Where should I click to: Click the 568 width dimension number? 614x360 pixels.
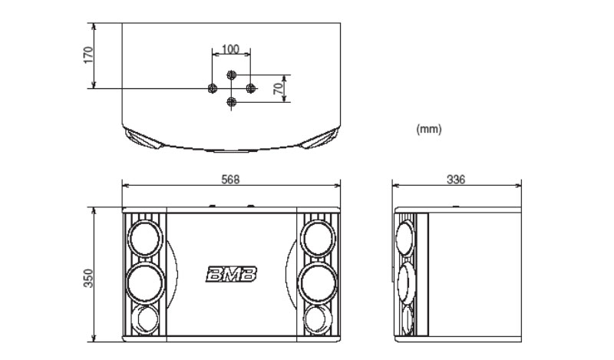[x=230, y=179]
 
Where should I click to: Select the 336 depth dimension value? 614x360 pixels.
[x=456, y=179]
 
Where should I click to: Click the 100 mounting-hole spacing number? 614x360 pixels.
[x=230, y=49]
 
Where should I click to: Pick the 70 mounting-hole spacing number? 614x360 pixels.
[x=278, y=88]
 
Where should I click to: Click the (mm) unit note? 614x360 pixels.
[x=428, y=130]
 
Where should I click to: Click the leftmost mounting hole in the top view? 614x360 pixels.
[x=213, y=88]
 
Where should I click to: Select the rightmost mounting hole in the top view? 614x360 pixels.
[x=249, y=88]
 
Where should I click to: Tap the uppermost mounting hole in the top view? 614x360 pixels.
[x=231, y=74]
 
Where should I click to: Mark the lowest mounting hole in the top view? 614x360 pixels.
[x=231, y=101]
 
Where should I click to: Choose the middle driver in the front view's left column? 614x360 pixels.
[x=144, y=282]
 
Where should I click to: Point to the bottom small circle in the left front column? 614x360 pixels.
[x=144, y=319]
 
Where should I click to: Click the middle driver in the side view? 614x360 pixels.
[x=405, y=282]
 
